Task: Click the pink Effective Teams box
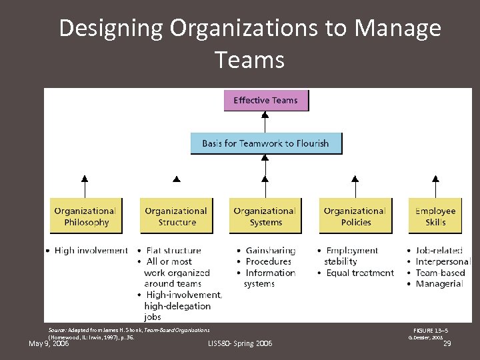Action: click(x=266, y=101)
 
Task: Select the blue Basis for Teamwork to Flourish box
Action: click(x=265, y=143)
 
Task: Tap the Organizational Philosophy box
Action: click(x=85, y=216)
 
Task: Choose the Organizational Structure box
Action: click(x=176, y=216)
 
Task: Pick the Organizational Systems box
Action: click(x=265, y=216)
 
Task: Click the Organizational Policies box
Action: click(x=355, y=216)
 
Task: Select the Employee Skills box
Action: click(x=435, y=216)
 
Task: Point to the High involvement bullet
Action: click(x=91, y=251)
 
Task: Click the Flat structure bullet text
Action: click(x=172, y=251)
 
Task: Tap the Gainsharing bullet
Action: click(x=270, y=251)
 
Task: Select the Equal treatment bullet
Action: click(x=360, y=273)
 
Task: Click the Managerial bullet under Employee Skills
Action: click(x=439, y=283)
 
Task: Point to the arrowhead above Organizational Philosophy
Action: click(x=85, y=179)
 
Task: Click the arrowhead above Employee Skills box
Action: click(x=435, y=179)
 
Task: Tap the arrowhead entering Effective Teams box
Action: click(x=265, y=114)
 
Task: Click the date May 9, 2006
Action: click(x=49, y=344)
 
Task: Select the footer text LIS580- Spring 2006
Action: click(x=240, y=343)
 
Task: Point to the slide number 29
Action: click(x=447, y=344)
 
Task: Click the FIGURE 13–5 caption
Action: click(x=430, y=330)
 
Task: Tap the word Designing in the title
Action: click(x=111, y=29)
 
